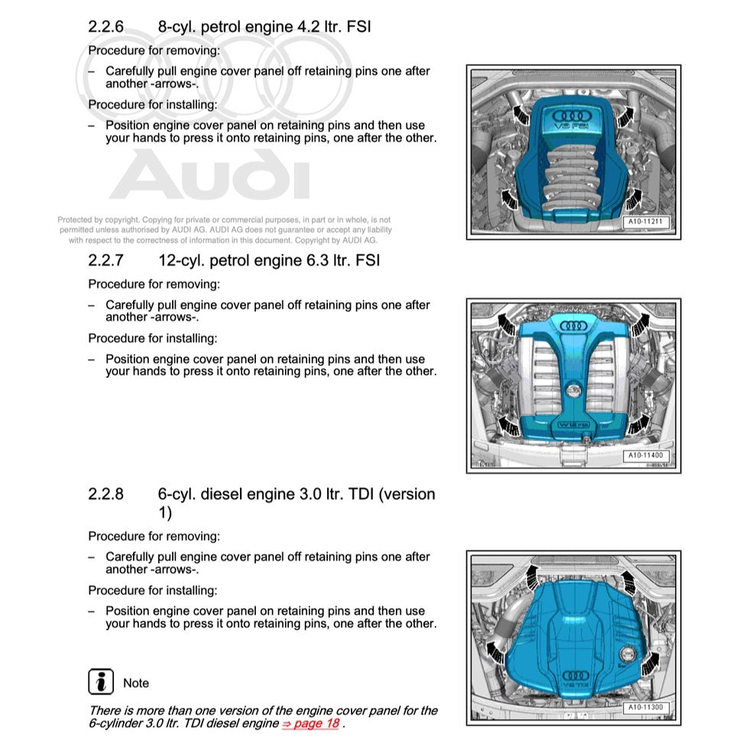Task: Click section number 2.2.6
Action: point(105,27)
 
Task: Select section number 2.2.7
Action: point(105,260)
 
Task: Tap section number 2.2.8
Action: point(105,494)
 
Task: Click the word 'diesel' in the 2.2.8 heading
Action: point(224,494)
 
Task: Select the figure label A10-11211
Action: point(647,222)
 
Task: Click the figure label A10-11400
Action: point(647,456)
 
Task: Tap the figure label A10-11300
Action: point(647,708)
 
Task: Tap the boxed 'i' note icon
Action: point(101,682)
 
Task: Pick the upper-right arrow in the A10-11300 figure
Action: point(628,581)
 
